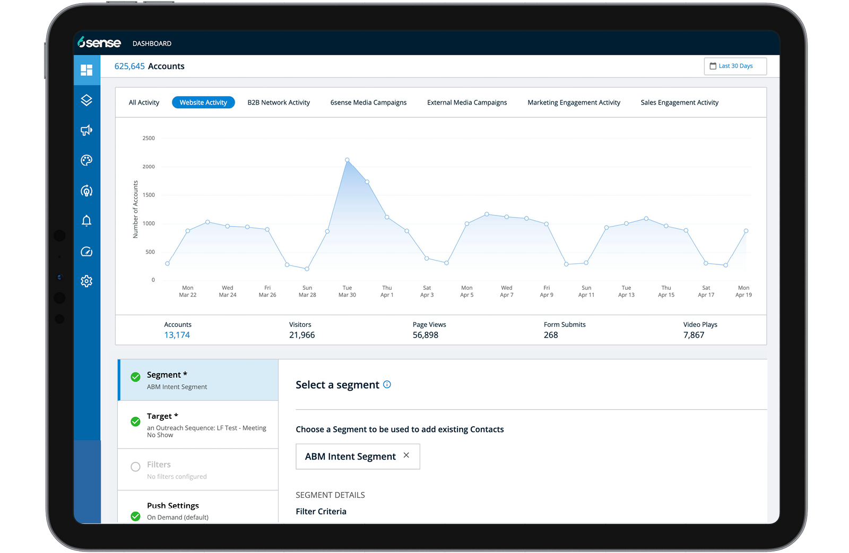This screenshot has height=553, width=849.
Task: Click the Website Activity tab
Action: point(203,102)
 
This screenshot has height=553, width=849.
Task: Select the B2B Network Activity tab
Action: point(279,102)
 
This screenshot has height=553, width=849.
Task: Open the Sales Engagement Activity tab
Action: point(680,102)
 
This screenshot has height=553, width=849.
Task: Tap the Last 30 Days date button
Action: point(735,66)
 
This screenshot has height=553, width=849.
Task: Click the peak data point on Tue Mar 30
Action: point(347,160)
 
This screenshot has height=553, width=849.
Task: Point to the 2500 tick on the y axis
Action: point(149,138)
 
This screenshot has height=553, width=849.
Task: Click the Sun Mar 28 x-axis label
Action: point(307,291)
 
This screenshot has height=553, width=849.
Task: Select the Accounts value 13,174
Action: point(177,335)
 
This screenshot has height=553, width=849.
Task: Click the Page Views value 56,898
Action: point(425,335)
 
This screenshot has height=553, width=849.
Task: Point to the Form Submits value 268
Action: point(551,335)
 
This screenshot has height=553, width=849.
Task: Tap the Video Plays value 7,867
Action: point(694,335)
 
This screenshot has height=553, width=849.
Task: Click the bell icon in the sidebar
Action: point(86,221)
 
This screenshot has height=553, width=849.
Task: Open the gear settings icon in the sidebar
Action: point(86,281)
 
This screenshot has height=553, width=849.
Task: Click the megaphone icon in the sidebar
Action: point(86,130)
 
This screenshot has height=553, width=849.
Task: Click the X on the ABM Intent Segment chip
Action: point(406,455)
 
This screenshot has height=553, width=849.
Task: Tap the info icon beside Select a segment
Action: point(387,384)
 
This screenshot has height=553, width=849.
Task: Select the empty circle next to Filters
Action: point(135,466)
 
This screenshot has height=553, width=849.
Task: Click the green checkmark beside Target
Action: point(135,421)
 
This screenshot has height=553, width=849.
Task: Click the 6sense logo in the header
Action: point(99,42)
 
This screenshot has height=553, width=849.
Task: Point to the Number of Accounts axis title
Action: point(135,209)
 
